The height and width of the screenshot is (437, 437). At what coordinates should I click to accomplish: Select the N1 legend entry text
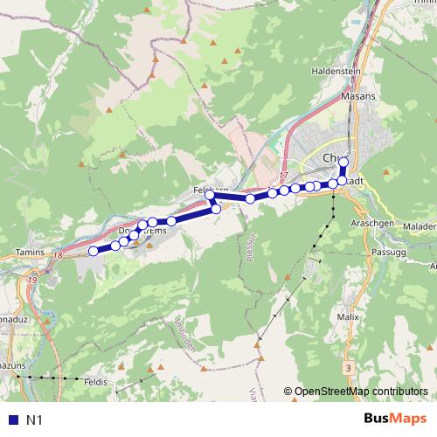tap(36, 420)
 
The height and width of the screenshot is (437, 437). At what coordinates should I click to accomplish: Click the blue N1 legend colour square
tap(11, 420)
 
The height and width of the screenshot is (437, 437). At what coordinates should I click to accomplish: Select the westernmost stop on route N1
tap(94, 252)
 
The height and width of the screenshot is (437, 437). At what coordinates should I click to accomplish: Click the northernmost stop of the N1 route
tap(343, 162)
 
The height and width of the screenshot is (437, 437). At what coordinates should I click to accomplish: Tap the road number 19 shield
tap(33, 280)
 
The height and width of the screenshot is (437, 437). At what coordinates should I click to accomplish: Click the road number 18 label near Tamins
tap(58, 255)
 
